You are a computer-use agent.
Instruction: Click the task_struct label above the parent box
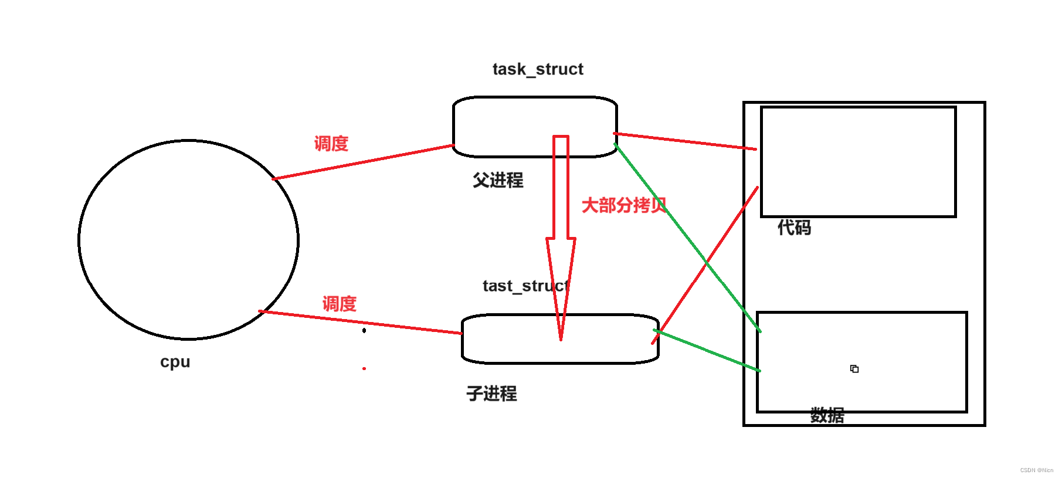(538, 69)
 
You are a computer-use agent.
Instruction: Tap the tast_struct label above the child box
(525, 286)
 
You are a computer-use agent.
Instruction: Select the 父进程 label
(498, 180)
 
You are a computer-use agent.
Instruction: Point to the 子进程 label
(491, 394)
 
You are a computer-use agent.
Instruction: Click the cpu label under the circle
(175, 362)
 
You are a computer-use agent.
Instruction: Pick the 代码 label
(794, 228)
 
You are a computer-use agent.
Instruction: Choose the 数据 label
(827, 416)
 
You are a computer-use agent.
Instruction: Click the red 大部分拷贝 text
(624, 205)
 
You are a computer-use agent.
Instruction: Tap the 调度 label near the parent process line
(331, 144)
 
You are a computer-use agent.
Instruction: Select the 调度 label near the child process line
(339, 304)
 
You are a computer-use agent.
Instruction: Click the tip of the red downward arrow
(561, 338)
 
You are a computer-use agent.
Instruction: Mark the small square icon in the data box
(854, 369)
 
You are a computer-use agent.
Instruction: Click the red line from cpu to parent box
(364, 162)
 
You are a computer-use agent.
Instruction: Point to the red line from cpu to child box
(361, 322)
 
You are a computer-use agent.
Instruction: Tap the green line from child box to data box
(707, 351)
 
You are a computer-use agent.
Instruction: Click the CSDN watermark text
(1036, 470)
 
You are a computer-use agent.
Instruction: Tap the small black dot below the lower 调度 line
(364, 331)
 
